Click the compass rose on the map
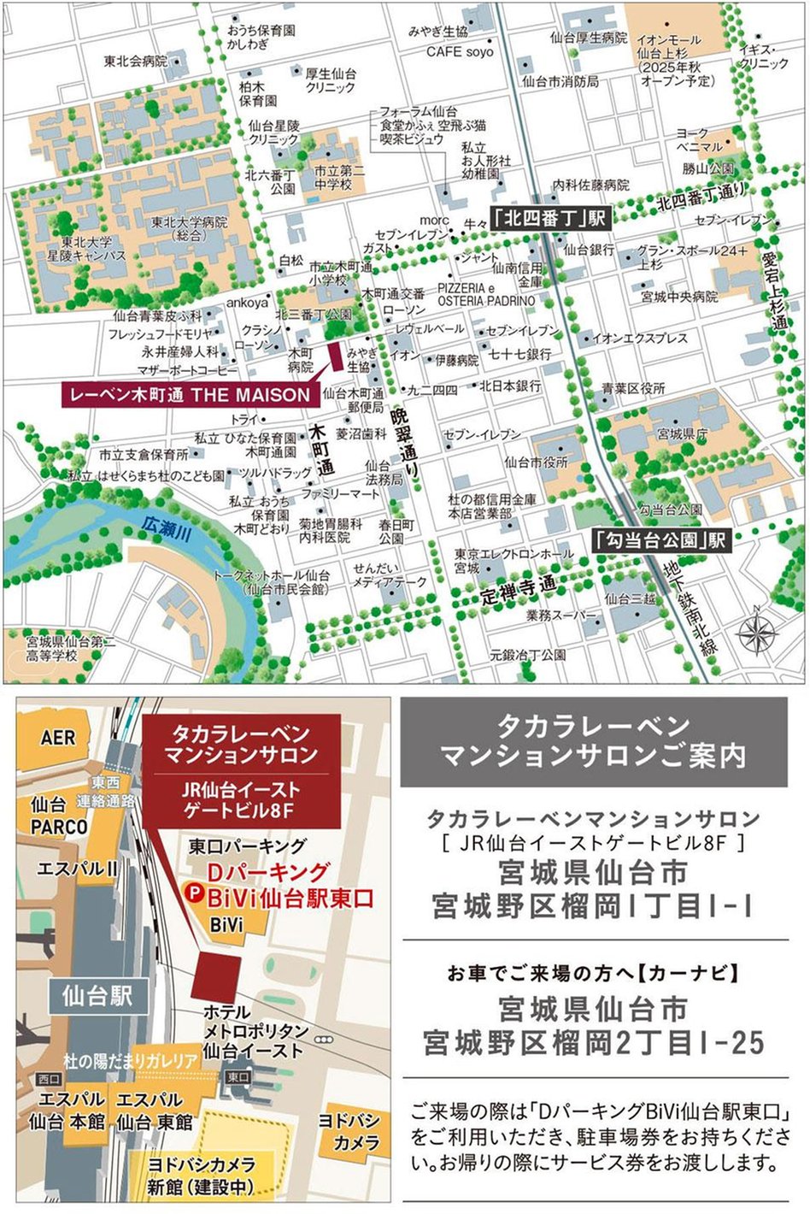point(757,634)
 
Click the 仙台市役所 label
point(536,462)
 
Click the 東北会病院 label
point(136,62)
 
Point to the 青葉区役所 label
point(633,388)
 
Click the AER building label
point(57,737)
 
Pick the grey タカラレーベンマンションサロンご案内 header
point(593,741)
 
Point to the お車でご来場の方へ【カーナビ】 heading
point(593,973)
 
